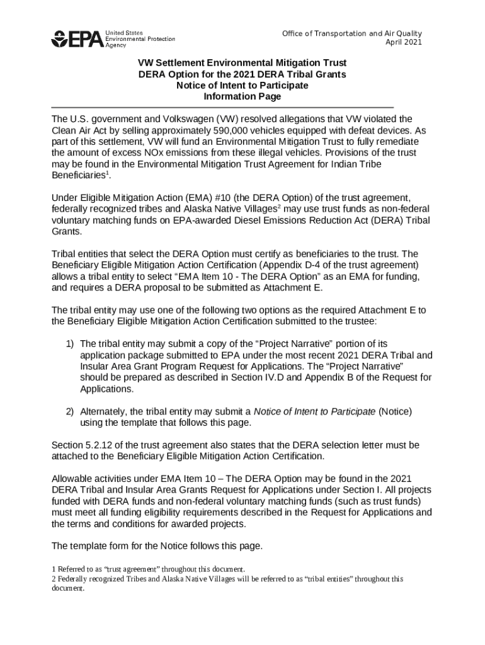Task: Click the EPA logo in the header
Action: [x=76, y=39]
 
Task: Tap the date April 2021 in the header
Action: [x=404, y=42]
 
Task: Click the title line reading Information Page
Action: [x=242, y=97]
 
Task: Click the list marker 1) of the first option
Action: [x=71, y=344]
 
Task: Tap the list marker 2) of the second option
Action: [x=71, y=411]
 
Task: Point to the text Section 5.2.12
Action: [x=81, y=445]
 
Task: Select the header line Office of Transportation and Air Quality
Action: [x=351, y=33]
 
